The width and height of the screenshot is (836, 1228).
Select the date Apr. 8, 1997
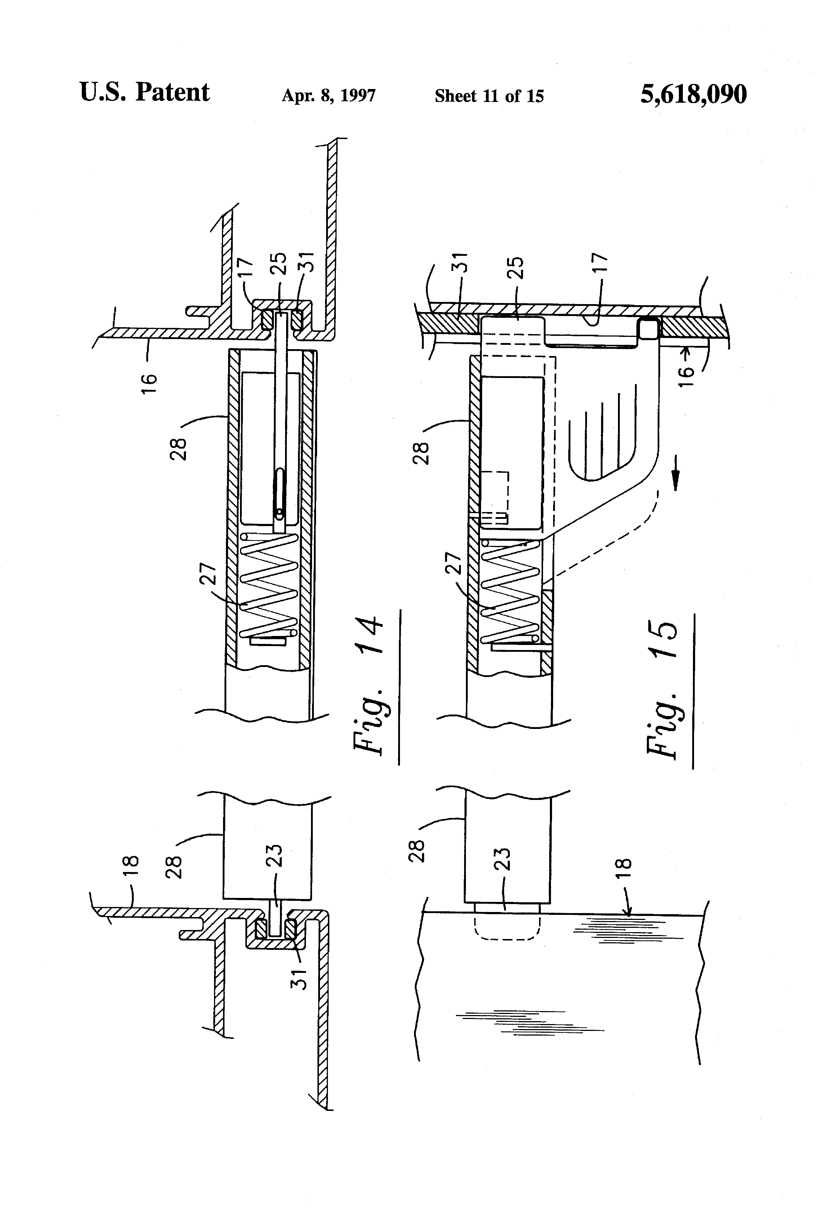click(x=329, y=95)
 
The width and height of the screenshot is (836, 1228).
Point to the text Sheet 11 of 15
click(x=489, y=95)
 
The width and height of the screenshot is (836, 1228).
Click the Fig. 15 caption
click(x=661, y=690)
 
